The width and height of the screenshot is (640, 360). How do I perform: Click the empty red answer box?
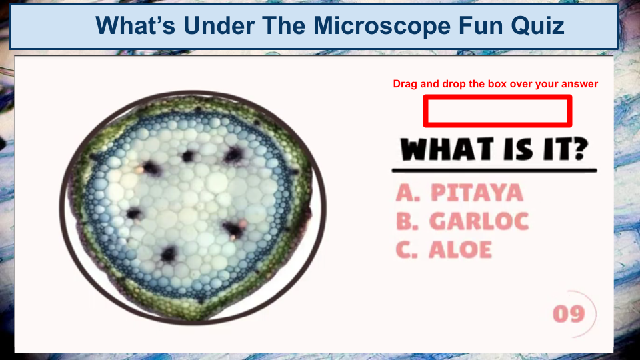coord(497,111)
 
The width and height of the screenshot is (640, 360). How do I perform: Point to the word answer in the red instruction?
coord(581,84)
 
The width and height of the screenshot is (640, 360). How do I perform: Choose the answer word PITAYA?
coord(477,193)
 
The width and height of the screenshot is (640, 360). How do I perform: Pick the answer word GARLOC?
coord(479,221)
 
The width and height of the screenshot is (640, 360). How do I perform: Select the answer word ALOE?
coord(460,250)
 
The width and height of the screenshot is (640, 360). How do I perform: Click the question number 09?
coord(568,314)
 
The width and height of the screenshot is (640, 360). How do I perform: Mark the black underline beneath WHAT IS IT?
coord(494,171)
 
